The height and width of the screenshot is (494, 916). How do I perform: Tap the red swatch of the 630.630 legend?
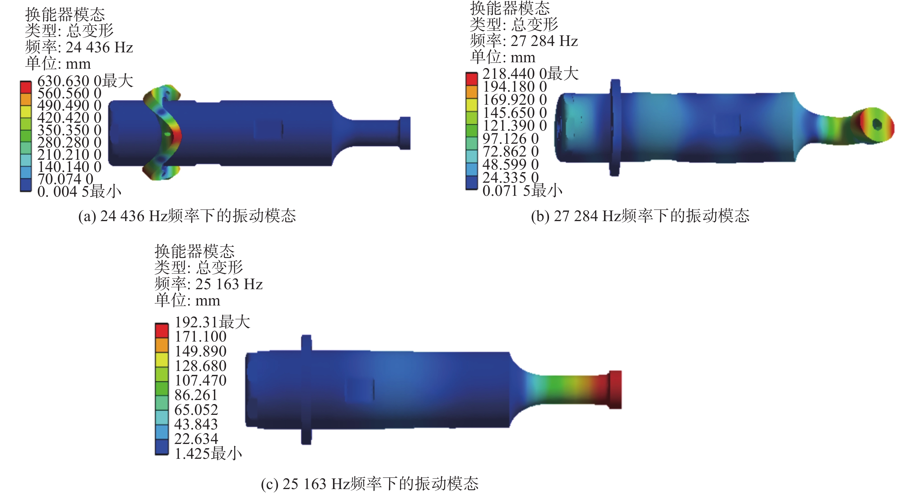tap(26, 88)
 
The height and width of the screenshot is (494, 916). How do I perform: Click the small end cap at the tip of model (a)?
tap(405, 133)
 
